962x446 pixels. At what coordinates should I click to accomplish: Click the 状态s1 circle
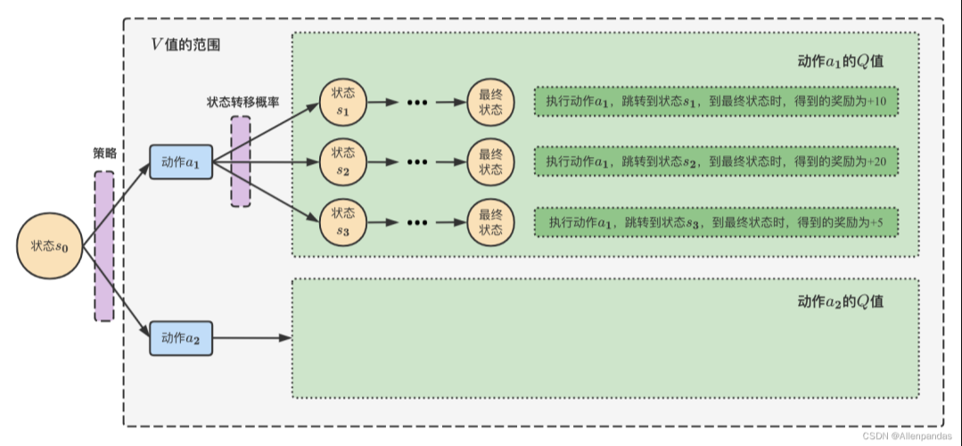343,101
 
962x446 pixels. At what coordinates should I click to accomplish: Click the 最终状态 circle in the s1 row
490,101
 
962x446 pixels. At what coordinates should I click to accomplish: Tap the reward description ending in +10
716,101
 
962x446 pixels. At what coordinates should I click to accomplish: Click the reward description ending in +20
716,161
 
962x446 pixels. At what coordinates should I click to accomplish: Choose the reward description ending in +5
716,221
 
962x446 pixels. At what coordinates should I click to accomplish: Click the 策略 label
104,154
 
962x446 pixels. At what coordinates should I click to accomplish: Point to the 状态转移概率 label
243,102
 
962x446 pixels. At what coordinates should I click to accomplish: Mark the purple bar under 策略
104,245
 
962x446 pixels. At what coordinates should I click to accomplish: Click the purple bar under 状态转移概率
241,161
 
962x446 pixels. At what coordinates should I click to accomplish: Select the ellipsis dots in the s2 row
417,162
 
